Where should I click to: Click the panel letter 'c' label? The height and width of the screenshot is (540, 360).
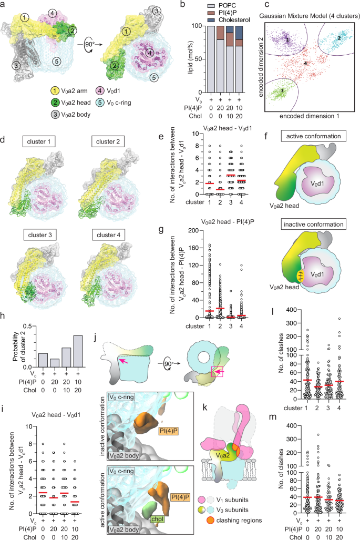coord(259,5)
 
